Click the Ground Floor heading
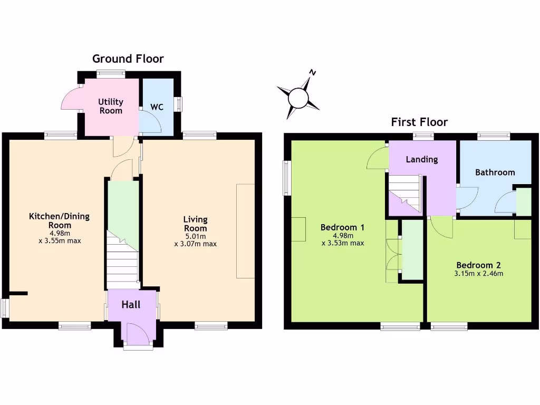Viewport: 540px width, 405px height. (x=128, y=59)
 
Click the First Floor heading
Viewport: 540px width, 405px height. (x=419, y=122)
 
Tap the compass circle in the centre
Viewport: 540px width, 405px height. (x=298, y=97)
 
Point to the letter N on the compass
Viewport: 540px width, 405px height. (x=313, y=73)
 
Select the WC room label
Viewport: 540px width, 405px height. (x=157, y=107)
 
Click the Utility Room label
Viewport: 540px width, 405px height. (x=111, y=106)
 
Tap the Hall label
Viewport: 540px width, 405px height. (x=131, y=305)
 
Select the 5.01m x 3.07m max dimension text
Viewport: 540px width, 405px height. (x=195, y=240)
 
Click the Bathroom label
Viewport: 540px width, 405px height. (x=495, y=172)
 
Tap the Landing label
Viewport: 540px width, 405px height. (x=421, y=159)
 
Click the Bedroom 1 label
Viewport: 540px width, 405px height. (x=342, y=227)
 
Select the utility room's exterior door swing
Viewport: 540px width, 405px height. (x=70, y=100)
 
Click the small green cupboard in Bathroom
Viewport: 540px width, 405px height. (x=524, y=202)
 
